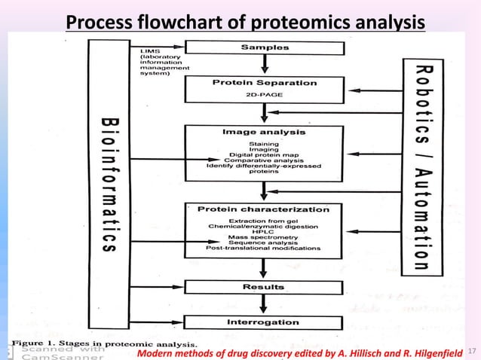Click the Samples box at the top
(x=264, y=47)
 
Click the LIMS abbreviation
(x=149, y=50)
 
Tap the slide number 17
(x=473, y=351)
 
